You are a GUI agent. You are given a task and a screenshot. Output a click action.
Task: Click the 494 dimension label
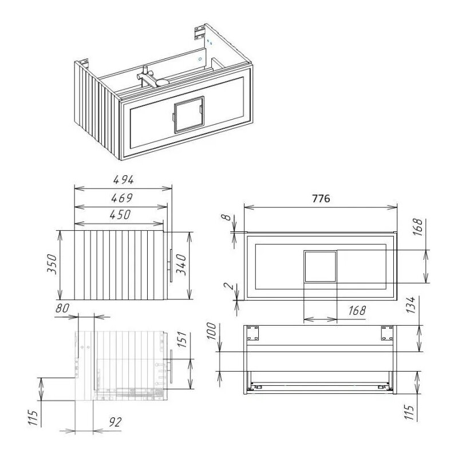point(124,180)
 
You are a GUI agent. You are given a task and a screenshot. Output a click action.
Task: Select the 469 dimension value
point(122,198)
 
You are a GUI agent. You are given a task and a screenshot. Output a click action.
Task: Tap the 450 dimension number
point(120,215)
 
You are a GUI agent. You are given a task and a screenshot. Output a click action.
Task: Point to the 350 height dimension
point(52,264)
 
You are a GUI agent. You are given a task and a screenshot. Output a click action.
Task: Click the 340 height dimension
point(181,264)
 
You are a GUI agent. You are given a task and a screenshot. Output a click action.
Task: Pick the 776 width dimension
point(321,199)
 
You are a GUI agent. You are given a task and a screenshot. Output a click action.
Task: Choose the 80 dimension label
point(62,308)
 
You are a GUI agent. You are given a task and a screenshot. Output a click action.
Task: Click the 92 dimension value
point(115,422)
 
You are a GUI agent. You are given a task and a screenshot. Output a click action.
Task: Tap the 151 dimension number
point(181,339)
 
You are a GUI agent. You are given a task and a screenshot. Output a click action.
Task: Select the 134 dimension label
point(411,305)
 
